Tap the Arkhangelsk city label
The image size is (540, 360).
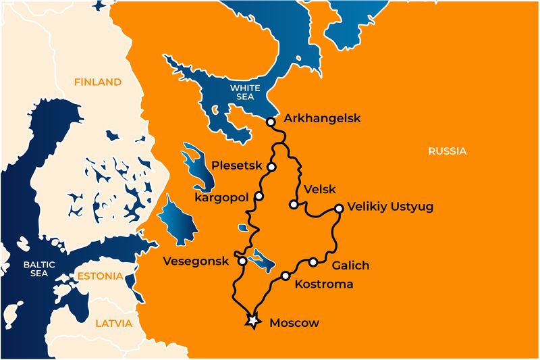coord(322,118)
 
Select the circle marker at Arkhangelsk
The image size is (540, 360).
coord(270,122)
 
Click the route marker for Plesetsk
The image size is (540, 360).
coord(271,166)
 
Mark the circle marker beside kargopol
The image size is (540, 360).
coord(259,197)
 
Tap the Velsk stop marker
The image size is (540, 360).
coord(293,204)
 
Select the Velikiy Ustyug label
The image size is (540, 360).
coord(389,207)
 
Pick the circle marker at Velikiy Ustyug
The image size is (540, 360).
coord(339,209)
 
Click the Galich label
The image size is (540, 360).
coord(350,265)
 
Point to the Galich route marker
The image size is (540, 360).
coord(313,261)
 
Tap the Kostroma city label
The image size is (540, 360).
coord(324,284)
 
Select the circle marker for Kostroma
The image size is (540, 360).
coord(286,276)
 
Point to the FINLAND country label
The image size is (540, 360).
coord(98,82)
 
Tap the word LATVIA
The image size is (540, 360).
coord(113,323)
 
